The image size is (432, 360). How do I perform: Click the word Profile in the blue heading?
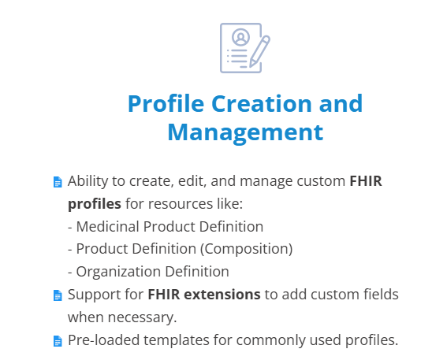click(166, 103)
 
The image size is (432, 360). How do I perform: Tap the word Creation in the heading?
click(262, 103)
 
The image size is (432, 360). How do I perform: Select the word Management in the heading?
click(245, 133)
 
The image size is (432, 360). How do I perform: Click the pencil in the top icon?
click(259, 51)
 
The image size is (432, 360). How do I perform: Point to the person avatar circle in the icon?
click(240, 37)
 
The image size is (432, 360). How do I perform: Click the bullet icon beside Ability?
click(58, 182)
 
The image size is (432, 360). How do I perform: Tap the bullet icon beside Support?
click(58, 295)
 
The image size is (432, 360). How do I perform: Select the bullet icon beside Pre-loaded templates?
click(58, 341)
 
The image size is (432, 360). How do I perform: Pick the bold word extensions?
click(222, 294)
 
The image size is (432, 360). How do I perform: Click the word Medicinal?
click(108, 227)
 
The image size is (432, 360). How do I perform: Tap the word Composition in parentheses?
click(246, 249)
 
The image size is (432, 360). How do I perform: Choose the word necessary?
click(142, 317)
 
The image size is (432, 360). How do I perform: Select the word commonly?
click(271, 340)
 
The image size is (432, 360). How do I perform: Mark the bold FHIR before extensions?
click(164, 294)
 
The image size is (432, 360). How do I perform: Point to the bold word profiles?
click(95, 205)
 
